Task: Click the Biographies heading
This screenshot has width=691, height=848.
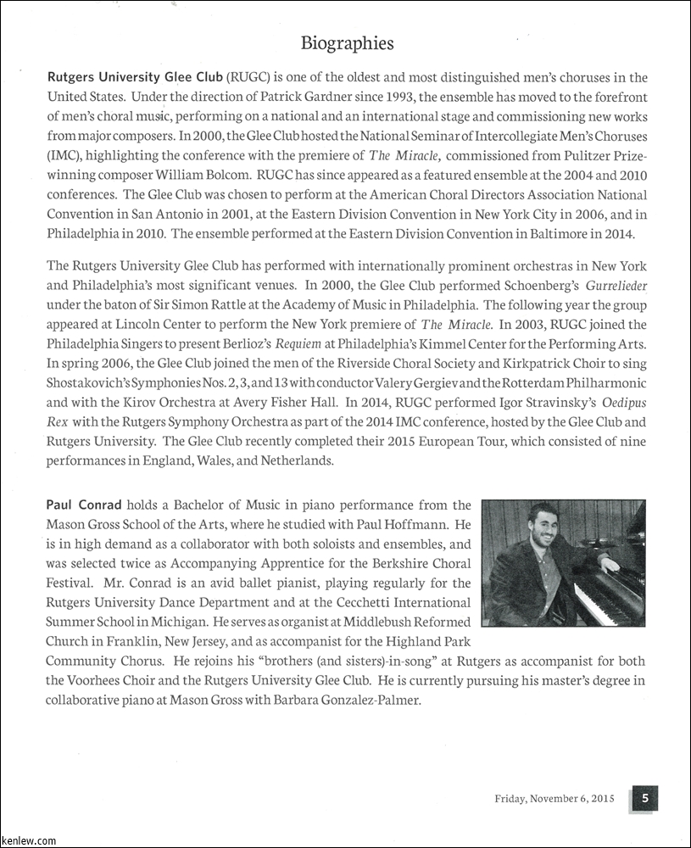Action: coord(348,43)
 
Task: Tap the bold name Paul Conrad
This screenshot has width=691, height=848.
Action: coord(84,505)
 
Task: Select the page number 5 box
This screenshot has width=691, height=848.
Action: coord(644,797)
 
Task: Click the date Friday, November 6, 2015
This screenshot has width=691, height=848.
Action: coord(554,799)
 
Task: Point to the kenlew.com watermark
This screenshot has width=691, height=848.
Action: coord(29,840)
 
